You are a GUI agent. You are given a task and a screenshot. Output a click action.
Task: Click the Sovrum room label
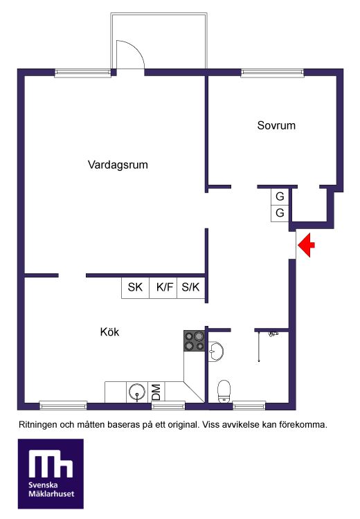[276, 125]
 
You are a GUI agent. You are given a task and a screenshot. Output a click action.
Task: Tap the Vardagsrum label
[118, 165]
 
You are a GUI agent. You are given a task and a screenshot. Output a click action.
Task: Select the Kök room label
[109, 331]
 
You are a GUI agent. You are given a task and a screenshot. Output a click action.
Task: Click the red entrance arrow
[306, 245]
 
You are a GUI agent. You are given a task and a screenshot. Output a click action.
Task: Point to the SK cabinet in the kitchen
[135, 287]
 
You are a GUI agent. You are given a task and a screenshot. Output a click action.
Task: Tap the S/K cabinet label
[191, 287]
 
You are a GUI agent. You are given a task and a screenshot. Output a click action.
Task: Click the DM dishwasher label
[156, 392]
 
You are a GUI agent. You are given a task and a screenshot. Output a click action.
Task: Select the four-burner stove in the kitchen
[195, 340]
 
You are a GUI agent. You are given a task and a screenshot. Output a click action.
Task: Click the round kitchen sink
[137, 392]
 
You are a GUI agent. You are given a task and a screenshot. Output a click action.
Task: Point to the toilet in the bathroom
[224, 391]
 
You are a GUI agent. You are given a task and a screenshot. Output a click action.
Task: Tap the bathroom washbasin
[216, 351]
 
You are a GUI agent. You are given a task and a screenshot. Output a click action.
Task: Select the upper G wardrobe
[280, 197]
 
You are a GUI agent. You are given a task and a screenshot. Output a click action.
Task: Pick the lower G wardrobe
[280, 213]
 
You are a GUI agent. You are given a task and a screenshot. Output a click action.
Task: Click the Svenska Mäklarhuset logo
[51, 473]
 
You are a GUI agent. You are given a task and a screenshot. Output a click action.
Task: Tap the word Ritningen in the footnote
[38, 425]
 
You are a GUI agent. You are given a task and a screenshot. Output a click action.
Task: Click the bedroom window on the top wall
[272, 73]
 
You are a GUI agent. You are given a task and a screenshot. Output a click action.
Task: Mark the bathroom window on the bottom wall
[249, 405]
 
